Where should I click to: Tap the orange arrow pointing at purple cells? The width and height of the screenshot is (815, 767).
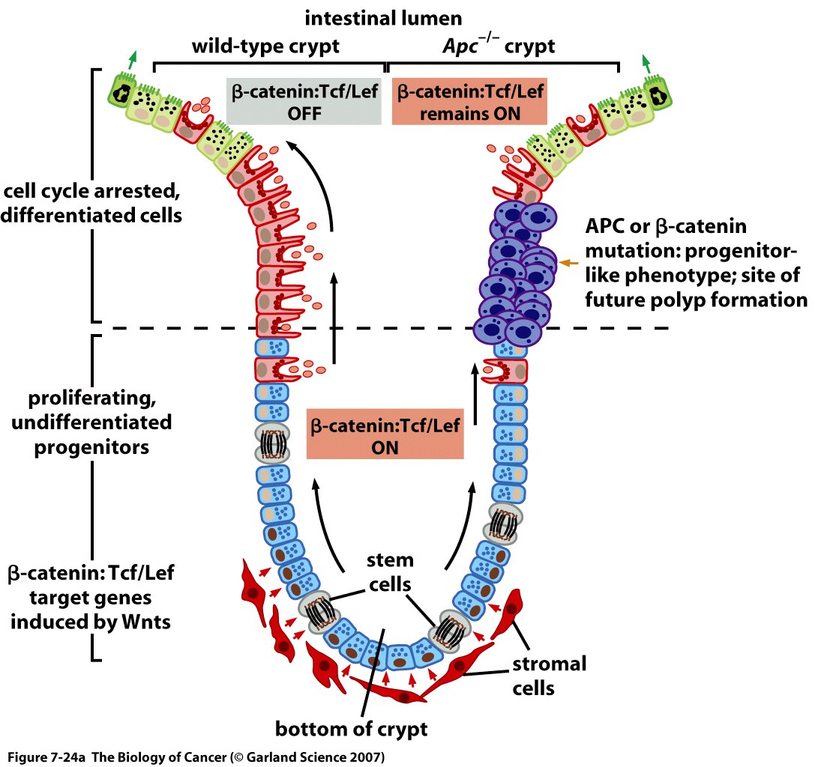pos(569,262)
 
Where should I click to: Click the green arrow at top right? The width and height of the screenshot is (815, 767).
pos(647,60)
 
